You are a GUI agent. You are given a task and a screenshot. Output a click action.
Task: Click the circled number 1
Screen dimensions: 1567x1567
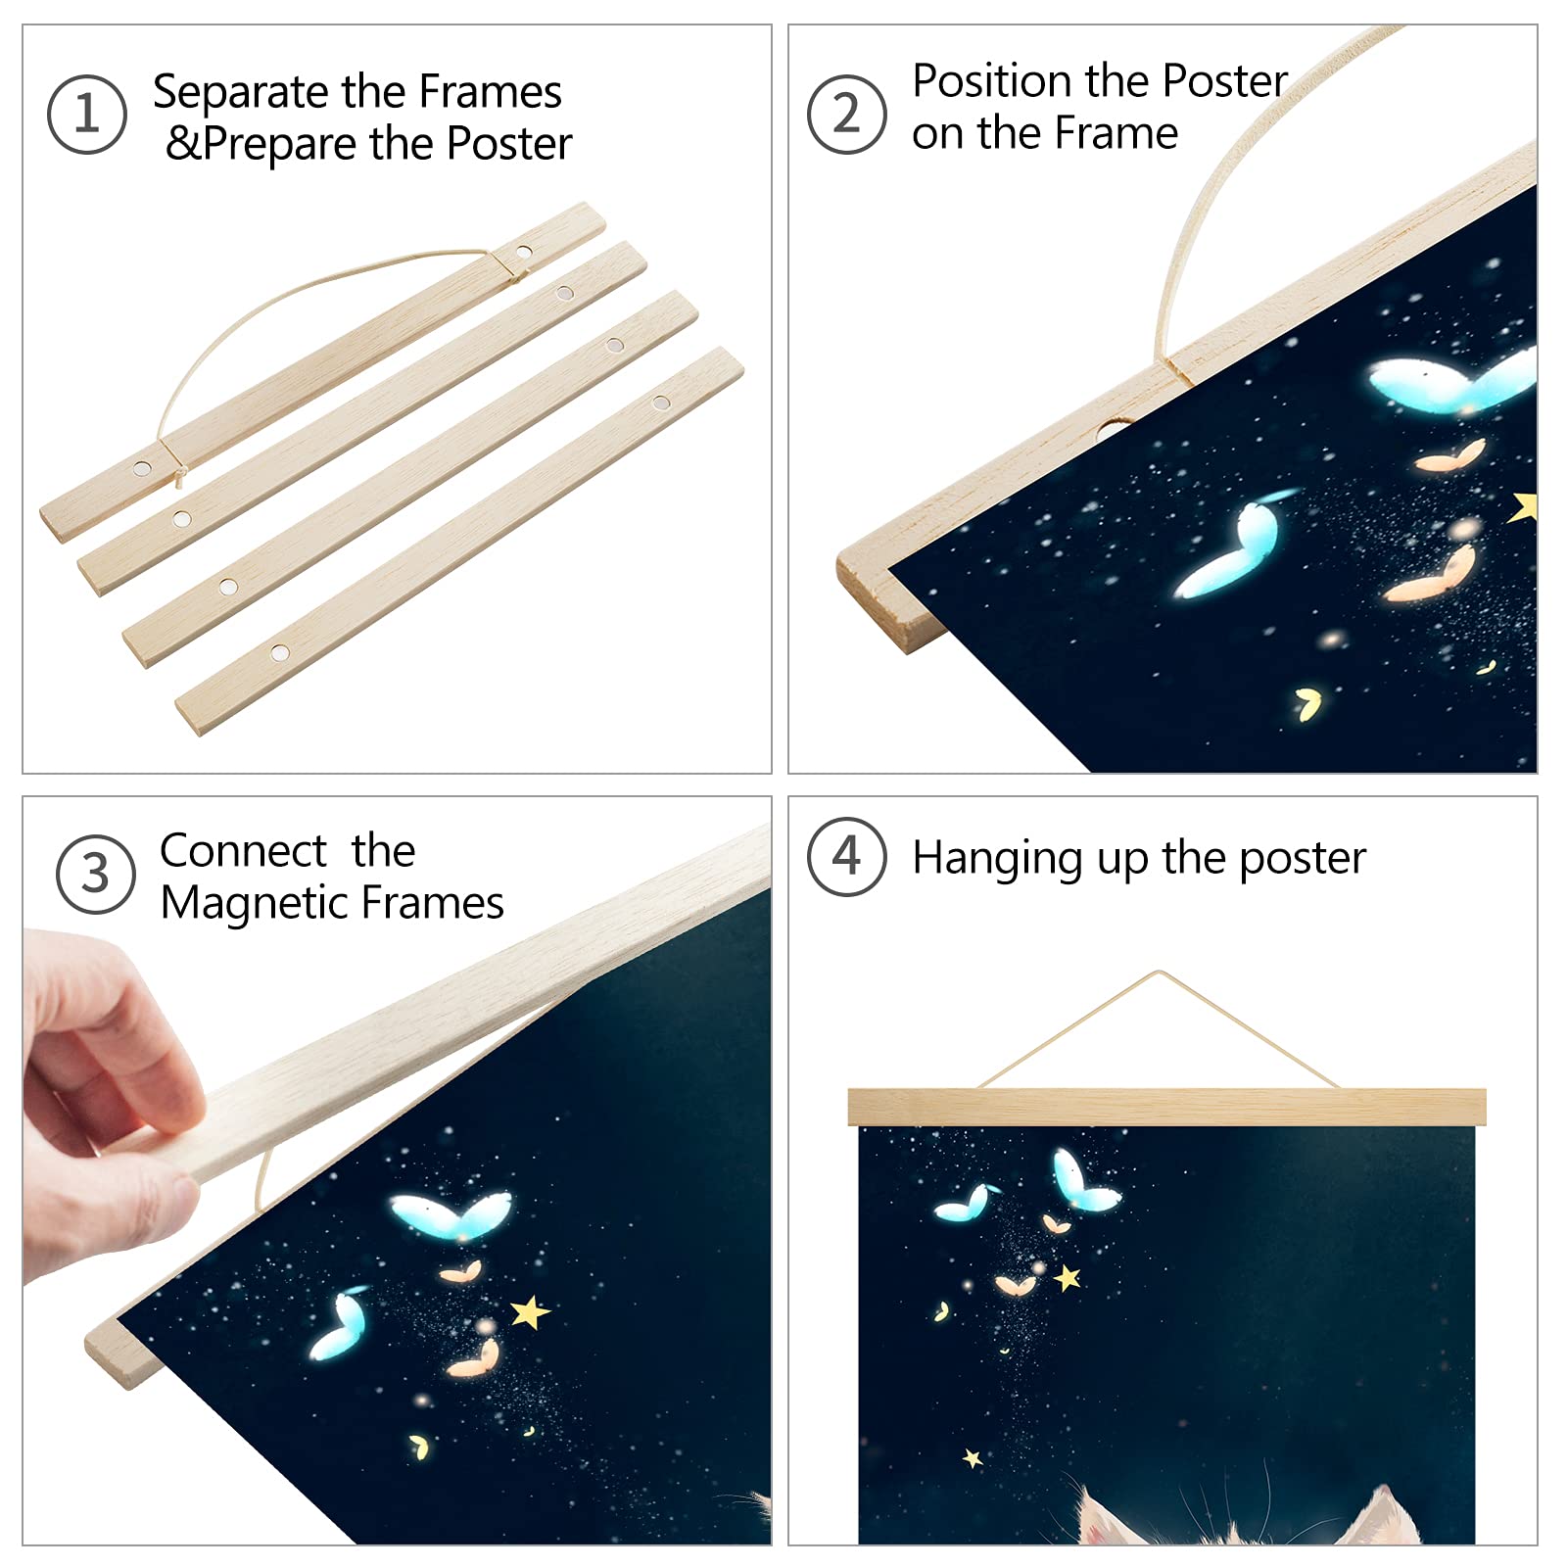coord(86,115)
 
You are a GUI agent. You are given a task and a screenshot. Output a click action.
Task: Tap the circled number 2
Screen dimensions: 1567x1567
coord(846,115)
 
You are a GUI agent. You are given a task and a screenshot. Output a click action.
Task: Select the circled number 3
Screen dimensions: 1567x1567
coord(95,874)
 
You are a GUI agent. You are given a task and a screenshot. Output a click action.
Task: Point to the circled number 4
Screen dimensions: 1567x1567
coord(846,856)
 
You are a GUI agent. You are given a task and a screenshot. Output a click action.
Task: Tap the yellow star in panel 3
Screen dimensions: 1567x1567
coord(530,1311)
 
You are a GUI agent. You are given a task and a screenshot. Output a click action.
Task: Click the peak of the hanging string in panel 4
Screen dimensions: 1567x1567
coord(1160,973)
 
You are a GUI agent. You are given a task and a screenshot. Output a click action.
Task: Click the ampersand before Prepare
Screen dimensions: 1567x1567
coord(183,144)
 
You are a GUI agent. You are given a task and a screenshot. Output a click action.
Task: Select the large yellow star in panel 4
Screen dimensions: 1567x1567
coord(1067,1277)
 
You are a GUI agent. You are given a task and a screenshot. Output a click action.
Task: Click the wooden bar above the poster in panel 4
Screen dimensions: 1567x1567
coord(1165,1107)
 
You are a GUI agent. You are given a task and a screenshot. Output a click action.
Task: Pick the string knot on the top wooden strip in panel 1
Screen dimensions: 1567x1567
coord(180,476)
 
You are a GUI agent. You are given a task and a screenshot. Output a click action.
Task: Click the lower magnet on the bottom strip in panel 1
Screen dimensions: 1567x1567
coord(280,651)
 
